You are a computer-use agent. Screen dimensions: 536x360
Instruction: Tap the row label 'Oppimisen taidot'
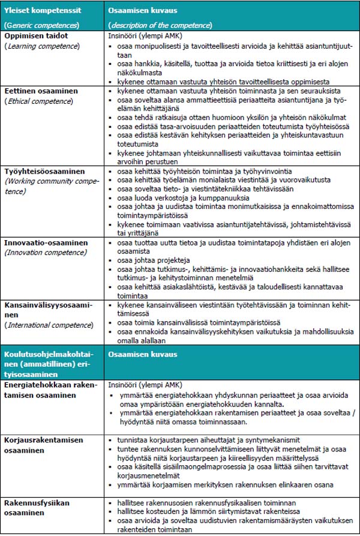[33, 36]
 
